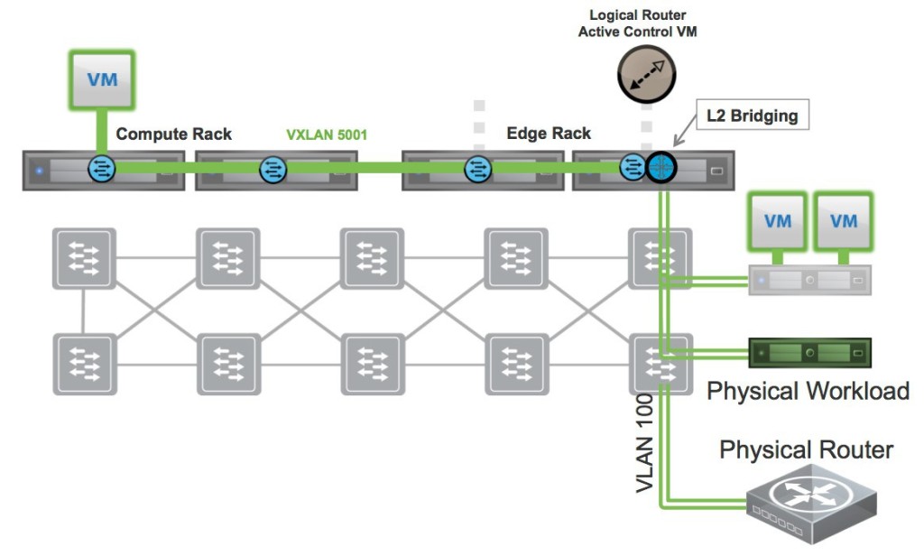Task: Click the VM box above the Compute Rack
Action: pyautogui.click(x=102, y=79)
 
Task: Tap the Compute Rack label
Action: pyautogui.click(x=173, y=134)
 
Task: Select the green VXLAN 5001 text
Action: pyautogui.click(x=326, y=135)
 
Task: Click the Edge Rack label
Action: pyautogui.click(x=549, y=134)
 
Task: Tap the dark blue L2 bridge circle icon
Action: pyautogui.click(x=660, y=167)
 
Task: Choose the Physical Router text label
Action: pyautogui.click(x=806, y=449)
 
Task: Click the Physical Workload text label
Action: pyautogui.click(x=807, y=391)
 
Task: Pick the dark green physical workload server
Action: pyautogui.click(x=810, y=350)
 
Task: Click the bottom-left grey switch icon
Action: pyautogui.click(x=84, y=364)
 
